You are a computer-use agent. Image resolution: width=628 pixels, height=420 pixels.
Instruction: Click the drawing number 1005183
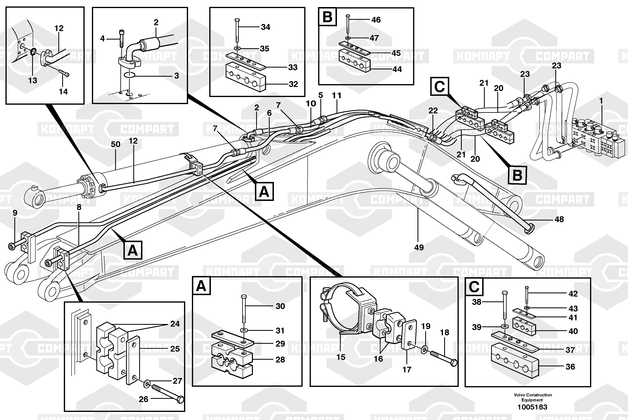532,407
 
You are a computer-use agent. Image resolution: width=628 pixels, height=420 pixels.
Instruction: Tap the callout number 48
559,219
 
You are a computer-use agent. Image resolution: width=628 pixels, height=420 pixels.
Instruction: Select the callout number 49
419,247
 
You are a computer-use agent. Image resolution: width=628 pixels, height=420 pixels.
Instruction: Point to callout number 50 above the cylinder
116,144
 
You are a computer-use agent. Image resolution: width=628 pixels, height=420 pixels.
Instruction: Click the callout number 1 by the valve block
601,101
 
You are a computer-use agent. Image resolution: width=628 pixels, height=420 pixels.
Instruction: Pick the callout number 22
433,110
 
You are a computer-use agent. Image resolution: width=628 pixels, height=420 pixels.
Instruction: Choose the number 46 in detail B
376,20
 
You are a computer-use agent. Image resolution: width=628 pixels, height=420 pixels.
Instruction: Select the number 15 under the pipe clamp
341,357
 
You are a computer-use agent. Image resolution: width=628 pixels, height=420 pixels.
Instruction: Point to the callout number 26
143,399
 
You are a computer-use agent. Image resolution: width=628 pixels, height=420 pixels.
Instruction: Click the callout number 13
33,80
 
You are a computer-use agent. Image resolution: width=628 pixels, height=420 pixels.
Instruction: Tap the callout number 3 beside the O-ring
176,76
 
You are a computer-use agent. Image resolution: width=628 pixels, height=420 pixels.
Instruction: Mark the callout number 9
15,213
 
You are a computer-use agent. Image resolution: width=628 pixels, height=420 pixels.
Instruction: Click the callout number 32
293,84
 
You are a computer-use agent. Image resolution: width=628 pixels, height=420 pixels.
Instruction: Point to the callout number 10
311,103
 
